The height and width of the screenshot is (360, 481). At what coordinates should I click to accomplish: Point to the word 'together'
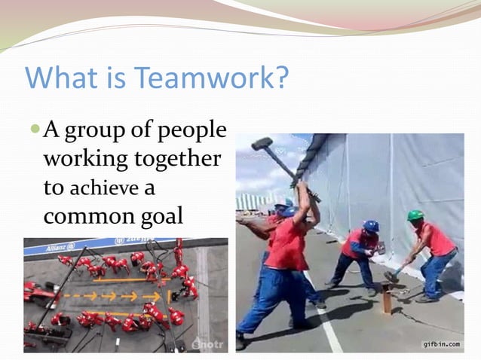(x=178, y=160)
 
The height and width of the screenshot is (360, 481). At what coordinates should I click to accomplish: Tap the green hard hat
(x=415, y=215)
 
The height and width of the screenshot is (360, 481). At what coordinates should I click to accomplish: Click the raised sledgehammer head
(x=262, y=143)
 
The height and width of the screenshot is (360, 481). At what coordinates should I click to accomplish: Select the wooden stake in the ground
(x=386, y=301)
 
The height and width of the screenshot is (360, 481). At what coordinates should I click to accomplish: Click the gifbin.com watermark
(x=442, y=344)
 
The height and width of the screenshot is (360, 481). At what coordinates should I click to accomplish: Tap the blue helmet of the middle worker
(x=370, y=226)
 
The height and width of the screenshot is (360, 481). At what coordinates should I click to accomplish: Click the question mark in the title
(x=280, y=78)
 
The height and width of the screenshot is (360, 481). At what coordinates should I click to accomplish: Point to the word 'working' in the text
(x=84, y=160)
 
